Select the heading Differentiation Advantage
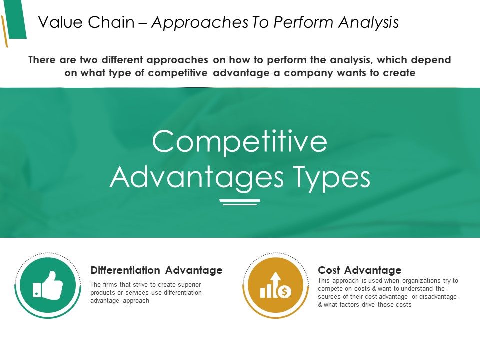coord(156,270)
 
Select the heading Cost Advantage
coord(359,270)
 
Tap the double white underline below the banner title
coord(240,202)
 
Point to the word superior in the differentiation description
coord(189,284)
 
